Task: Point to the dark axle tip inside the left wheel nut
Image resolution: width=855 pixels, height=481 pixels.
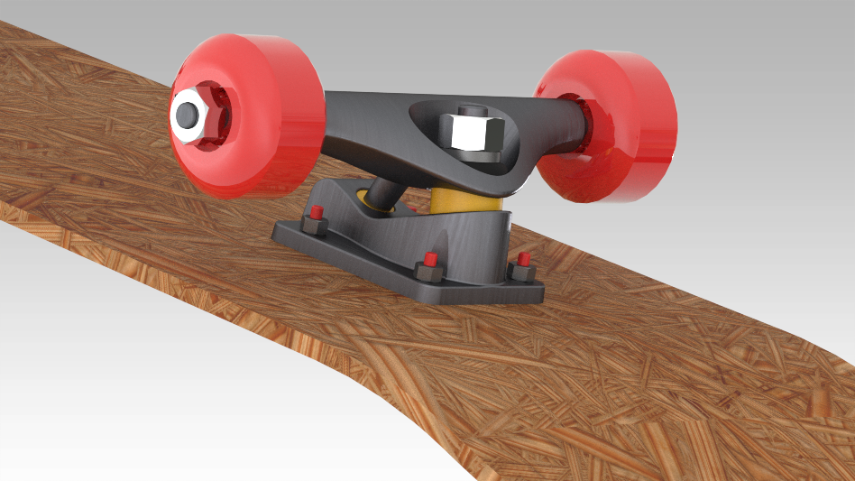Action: click(x=188, y=115)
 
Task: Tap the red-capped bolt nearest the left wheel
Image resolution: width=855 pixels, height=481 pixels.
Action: click(x=316, y=214)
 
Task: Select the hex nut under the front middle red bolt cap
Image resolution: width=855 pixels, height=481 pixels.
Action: click(x=427, y=273)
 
